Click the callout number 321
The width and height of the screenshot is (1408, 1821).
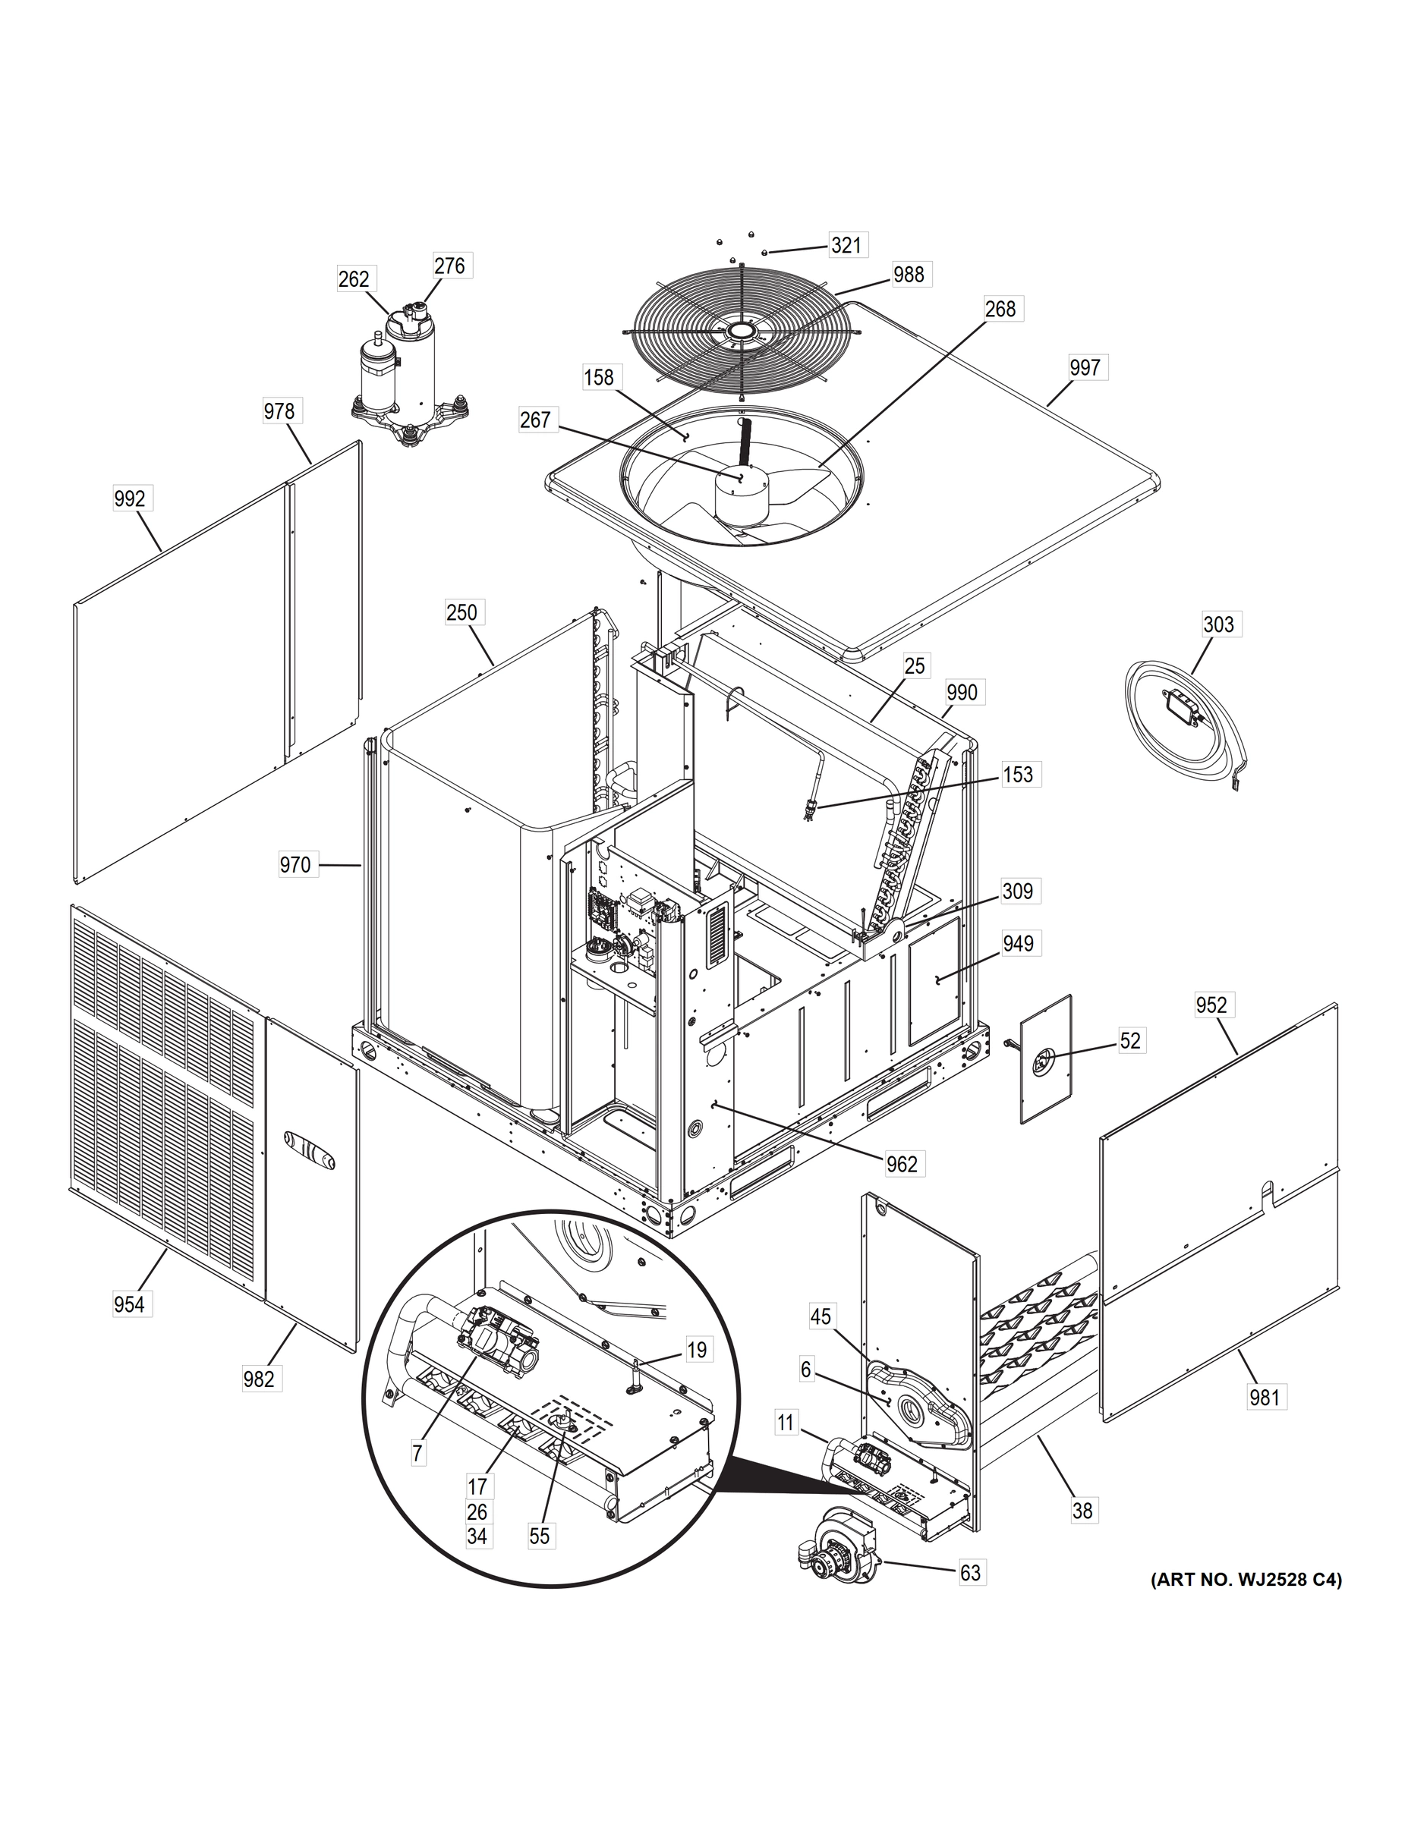click(846, 244)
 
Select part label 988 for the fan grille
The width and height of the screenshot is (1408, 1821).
click(909, 275)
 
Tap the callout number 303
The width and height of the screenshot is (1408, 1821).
click(1217, 624)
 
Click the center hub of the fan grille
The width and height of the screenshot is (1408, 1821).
click(739, 331)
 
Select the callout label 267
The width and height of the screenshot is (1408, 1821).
click(534, 420)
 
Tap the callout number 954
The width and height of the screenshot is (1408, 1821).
click(129, 1304)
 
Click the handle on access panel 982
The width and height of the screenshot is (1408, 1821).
click(309, 1153)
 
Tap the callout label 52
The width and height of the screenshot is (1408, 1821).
click(1129, 1040)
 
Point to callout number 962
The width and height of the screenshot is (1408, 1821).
click(902, 1164)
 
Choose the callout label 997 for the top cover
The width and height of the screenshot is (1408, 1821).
click(1085, 368)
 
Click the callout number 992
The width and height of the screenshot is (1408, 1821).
click(129, 498)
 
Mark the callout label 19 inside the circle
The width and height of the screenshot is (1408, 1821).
click(697, 1349)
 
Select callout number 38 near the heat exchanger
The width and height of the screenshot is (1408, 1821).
click(1082, 1510)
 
